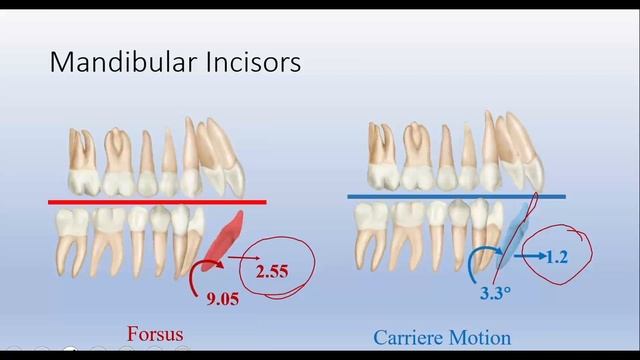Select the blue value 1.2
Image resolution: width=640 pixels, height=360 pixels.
point(557,257)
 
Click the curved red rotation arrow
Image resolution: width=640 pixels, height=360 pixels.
point(196,275)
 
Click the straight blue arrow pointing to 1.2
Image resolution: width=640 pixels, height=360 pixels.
point(527,257)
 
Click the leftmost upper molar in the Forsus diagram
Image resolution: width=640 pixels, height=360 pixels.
point(84,160)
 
